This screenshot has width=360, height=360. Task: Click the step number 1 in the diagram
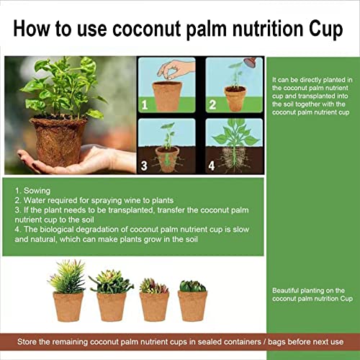pyautogui.click(x=144, y=104)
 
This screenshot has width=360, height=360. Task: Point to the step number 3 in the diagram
pyautogui.click(x=144, y=165)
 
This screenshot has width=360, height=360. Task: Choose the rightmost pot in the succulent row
pyautogui.click(x=192, y=305)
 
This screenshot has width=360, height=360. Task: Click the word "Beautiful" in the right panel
pyautogui.click(x=286, y=290)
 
